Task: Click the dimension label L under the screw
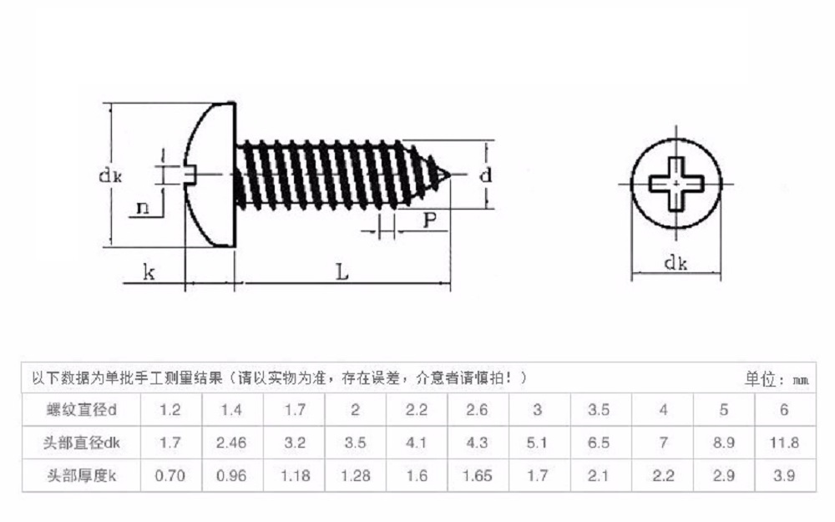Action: (x=342, y=271)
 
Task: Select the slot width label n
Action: (x=143, y=208)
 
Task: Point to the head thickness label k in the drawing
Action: (x=149, y=272)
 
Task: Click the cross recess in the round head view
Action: (x=676, y=180)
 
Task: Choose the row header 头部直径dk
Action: (x=81, y=443)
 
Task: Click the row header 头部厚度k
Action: (x=81, y=476)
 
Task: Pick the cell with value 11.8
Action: (x=783, y=443)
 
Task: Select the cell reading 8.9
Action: (x=723, y=443)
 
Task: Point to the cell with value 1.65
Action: (x=477, y=476)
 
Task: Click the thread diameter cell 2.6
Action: (x=477, y=409)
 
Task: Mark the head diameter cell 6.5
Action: (x=599, y=443)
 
